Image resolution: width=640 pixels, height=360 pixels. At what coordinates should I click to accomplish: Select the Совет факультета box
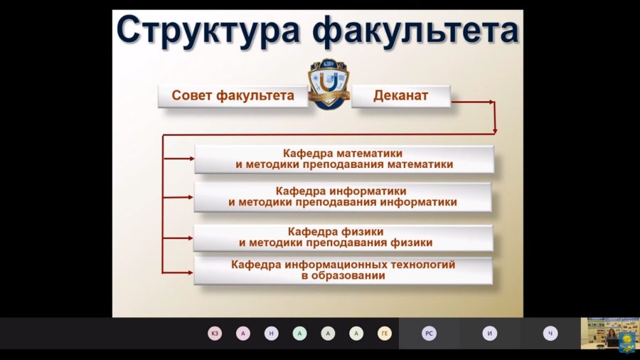coord(233,96)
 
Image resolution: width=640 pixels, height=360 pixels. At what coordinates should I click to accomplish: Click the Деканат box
coord(401,96)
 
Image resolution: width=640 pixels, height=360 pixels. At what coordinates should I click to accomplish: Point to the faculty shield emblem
coord(329,84)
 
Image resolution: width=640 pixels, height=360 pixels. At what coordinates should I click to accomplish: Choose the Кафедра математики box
coord(344,159)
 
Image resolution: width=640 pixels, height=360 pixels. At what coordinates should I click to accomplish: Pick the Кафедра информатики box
coord(343,197)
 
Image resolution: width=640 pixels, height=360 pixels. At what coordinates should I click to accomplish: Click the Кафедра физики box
coord(343,238)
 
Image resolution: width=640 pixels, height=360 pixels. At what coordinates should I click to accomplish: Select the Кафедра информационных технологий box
coord(343,270)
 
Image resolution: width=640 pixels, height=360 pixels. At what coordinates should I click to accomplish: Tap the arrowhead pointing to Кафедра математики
coord(192,159)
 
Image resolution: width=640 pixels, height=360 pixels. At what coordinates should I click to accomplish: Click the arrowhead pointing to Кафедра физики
coord(191,238)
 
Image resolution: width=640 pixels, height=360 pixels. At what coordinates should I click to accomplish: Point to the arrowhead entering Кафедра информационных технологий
coord(191,272)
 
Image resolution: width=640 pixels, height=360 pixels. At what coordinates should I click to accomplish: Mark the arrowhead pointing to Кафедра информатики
coord(191,197)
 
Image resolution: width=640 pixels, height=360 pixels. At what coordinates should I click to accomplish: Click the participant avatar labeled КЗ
coord(215,334)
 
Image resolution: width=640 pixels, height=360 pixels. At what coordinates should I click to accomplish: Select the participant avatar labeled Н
coord(271,334)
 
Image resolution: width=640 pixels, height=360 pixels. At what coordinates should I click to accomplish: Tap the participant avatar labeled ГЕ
coord(385,334)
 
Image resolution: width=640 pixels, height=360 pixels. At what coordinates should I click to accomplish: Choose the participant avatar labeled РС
coord(429,334)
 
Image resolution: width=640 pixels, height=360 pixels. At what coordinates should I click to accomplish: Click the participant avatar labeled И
coord(490,334)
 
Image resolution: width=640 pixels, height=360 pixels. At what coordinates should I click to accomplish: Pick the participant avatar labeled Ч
coord(550,334)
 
